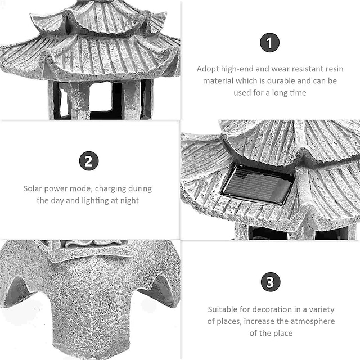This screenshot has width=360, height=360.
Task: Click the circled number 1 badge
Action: pos(270,43)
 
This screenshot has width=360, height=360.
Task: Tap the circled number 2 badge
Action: pos(88,161)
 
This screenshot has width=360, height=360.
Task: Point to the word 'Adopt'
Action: pos(208,69)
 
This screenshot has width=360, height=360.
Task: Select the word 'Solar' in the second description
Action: pos(33,189)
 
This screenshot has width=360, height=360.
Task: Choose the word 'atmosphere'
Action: pos(313,321)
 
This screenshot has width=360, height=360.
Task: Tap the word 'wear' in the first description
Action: pos(276,69)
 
